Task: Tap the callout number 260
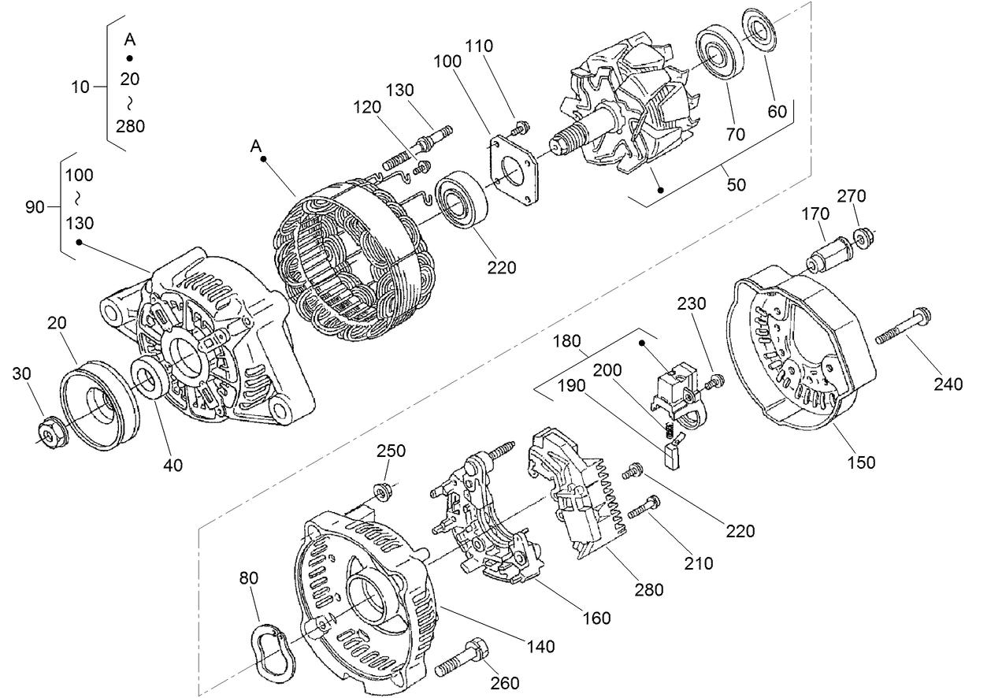(504, 683)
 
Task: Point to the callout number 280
(645, 589)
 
